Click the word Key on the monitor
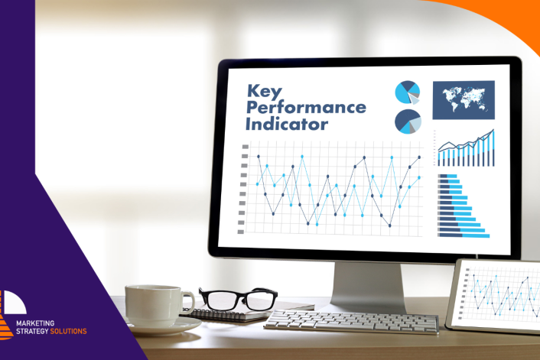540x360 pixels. (x=264, y=92)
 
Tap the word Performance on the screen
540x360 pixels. (x=306, y=107)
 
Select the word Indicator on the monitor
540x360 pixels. (x=287, y=124)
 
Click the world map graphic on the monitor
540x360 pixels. (x=464, y=100)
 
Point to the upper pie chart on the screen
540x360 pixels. (x=408, y=92)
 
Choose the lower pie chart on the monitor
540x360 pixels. (x=408, y=122)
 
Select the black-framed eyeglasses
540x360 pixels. (x=239, y=298)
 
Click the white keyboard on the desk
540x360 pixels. (x=351, y=322)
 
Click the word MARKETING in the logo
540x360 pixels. (x=35, y=323)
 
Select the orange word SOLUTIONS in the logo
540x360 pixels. (x=69, y=331)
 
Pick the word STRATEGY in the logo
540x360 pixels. (x=32, y=331)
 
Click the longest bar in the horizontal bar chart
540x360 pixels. (x=464, y=235)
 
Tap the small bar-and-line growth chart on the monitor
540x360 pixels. (x=464, y=148)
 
